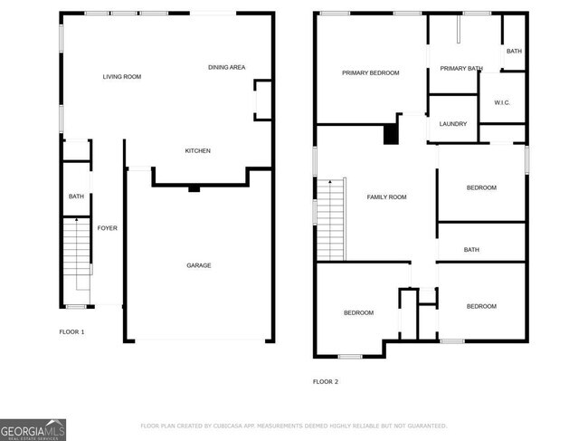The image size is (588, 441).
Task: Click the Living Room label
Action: click(x=121, y=77)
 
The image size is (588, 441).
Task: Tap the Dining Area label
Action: click(x=226, y=67)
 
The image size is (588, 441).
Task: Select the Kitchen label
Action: click(x=197, y=150)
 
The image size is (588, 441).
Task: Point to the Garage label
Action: click(x=199, y=265)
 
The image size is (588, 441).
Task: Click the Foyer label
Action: click(x=107, y=228)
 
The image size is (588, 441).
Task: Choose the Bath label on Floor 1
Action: click(x=76, y=197)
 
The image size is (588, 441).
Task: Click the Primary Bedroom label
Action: click(x=370, y=72)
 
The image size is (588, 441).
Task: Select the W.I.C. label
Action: click(x=502, y=102)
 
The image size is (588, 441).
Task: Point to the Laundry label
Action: click(x=452, y=123)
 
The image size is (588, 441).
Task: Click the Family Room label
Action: click(x=386, y=197)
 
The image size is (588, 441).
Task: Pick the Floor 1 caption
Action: click(x=71, y=332)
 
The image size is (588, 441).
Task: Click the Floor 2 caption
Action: click(x=326, y=381)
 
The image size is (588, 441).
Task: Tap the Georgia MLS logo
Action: click(x=33, y=429)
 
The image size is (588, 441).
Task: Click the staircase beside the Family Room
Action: click(x=331, y=217)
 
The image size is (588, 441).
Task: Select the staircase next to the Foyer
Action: click(x=77, y=254)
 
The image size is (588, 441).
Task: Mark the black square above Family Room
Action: click(x=391, y=134)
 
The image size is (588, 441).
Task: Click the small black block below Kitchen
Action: click(x=194, y=189)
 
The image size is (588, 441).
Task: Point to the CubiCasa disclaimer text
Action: click(x=293, y=426)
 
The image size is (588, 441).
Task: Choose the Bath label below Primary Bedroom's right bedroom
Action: click(x=471, y=250)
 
